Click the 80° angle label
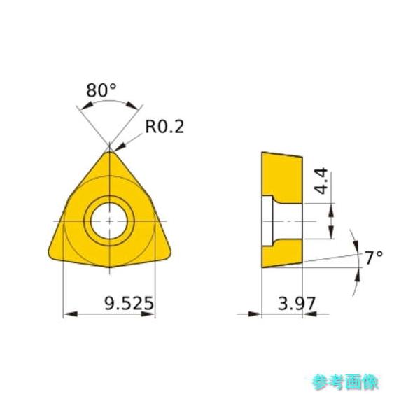pos(101,91)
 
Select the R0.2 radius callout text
pos(164,126)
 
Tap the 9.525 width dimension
pos(129,304)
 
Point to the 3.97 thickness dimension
pos(297,304)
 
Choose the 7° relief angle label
pos(374,258)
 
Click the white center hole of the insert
pos(109,220)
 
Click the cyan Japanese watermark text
pos(345,381)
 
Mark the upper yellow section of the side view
pos(281,174)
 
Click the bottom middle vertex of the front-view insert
pos(110,267)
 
